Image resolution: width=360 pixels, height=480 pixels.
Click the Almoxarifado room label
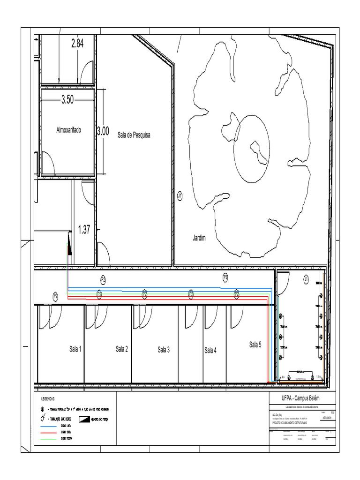tap(68, 130)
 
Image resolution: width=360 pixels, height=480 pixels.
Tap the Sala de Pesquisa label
tap(134, 135)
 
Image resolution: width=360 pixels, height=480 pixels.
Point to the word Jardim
tap(199, 239)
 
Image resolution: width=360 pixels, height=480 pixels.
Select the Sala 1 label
tap(75, 349)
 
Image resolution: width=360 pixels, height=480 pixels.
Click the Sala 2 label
tap(122, 349)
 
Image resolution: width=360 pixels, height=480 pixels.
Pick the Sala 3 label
tap(164, 350)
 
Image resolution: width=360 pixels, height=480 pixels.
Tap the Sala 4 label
tap(210, 350)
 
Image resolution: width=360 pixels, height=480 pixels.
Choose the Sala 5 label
tap(255, 345)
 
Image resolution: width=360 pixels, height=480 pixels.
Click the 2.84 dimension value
tap(77, 44)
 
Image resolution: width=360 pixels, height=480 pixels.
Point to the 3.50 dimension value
tap(67, 100)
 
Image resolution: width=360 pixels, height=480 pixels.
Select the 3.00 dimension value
tap(103, 131)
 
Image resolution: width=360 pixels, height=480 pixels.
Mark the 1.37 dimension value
tap(84, 230)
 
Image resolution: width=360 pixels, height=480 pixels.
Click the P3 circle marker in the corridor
tap(225, 277)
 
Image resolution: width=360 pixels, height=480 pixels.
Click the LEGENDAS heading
tap(48, 399)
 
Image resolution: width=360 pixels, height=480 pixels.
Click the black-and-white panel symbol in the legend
tap(84, 419)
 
